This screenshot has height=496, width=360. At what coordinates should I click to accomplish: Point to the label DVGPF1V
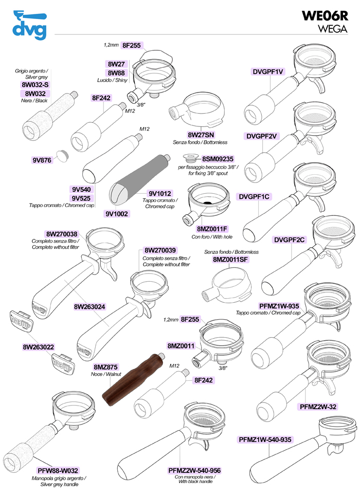(x=268, y=71)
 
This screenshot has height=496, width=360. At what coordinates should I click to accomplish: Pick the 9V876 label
(x=42, y=160)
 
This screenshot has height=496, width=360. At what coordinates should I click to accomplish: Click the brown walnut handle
(x=132, y=377)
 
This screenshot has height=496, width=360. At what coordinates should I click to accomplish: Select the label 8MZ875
(x=106, y=367)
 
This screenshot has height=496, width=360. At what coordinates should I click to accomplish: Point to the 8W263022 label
(x=39, y=347)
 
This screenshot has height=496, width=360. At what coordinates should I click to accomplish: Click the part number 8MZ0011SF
(x=231, y=260)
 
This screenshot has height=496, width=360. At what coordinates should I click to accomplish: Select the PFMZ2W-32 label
(x=318, y=407)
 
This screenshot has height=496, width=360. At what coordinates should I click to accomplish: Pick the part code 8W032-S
(x=35, y=84)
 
